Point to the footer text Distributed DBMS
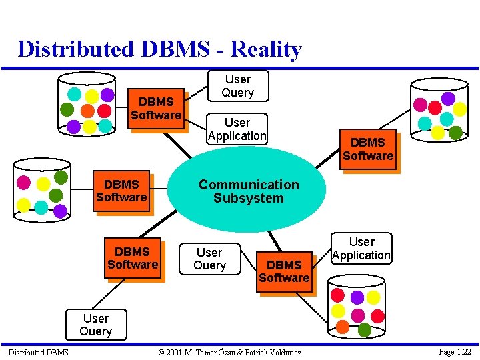point(38,352)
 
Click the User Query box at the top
point(237,86)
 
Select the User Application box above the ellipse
point(237,129)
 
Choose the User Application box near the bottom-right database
point(361,248)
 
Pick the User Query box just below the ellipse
point(209,259)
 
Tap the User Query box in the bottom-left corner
point(95,325)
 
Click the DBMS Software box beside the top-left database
point(156,109)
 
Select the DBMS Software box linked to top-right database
point(368,149)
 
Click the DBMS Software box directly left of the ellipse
point(121,191)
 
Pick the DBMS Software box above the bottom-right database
point(284,271)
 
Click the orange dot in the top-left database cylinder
point(87,111)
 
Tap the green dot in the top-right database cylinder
point(455,132)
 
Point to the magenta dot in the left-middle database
point(24,182)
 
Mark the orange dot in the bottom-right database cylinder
point(342,327)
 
